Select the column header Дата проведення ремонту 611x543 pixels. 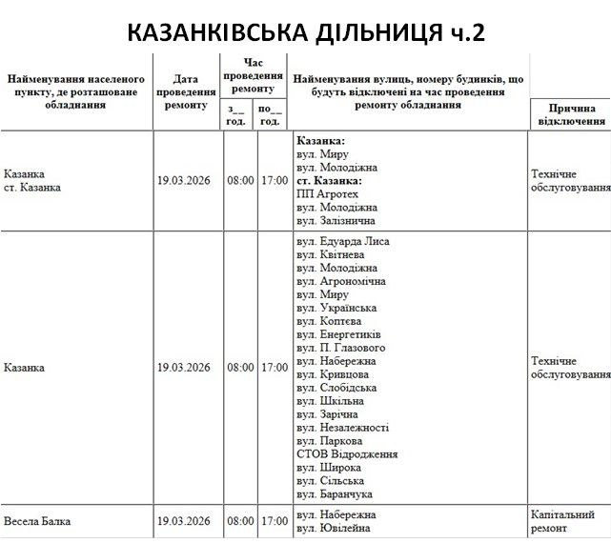click(187, 91)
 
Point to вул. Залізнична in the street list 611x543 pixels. click(337, 221)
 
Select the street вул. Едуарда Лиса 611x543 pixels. click(343, 242)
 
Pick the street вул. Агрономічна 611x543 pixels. click(341, 282)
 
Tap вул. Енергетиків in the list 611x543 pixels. click(339, 335)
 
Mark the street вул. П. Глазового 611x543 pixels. click(340, 349)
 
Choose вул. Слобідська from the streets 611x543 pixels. click(336, 388)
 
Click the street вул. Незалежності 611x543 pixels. click(342, 428)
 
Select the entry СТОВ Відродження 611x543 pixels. click(347, 454)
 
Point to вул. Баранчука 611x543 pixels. click(335, 494)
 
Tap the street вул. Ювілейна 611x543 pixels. click(334, 529)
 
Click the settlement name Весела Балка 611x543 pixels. click(38, 522)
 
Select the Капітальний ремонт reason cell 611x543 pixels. click(568, 521)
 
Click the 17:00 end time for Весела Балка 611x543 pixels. click(275, 522)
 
